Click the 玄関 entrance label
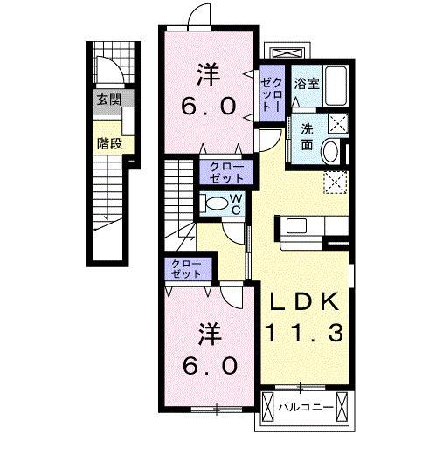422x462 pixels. [108, 98]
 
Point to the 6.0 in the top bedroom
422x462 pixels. [207, 107]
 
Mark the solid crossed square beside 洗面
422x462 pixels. [336, 123]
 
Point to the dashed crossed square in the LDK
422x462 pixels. [335, 182]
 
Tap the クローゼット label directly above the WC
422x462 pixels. [226, 170]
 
